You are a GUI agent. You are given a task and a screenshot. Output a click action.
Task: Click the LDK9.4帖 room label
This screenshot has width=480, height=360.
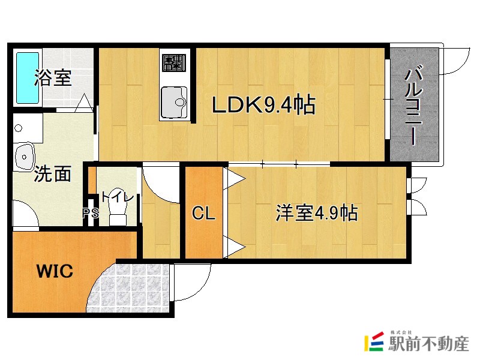263,106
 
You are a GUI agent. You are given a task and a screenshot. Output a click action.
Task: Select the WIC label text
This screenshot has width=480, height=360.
55,271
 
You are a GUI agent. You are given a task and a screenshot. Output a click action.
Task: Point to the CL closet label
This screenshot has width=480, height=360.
203,214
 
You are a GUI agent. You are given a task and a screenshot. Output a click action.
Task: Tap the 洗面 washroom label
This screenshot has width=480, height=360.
52,173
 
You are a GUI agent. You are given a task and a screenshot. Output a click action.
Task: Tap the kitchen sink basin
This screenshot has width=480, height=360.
174,103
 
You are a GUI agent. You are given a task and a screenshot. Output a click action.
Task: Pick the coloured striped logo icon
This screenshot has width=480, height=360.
375,343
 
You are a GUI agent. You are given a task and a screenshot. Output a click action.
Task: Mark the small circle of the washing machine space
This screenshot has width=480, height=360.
19,128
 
